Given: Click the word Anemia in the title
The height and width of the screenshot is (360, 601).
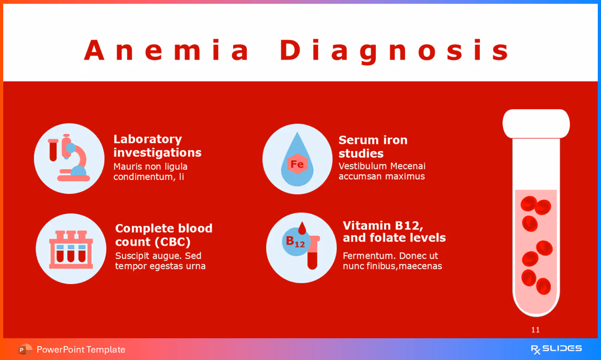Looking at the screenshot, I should tap(167, 50).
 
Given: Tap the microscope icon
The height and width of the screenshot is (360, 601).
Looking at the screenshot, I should tap(69, 158).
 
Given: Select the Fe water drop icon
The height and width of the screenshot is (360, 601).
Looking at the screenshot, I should tap(297, 159).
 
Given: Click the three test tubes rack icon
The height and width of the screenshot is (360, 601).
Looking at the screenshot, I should tap(71, 249).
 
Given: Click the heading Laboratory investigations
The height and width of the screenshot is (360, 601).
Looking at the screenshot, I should tap(157, 146).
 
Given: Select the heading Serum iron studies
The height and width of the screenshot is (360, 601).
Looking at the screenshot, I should tap(373, 146).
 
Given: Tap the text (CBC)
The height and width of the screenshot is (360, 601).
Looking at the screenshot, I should tap(172, 242).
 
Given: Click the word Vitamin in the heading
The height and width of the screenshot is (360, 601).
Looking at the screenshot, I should tap(366, 225).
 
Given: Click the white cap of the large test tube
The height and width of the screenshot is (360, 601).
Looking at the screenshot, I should tap(536, 124).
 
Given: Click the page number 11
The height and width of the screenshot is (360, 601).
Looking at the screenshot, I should tap(535, 330).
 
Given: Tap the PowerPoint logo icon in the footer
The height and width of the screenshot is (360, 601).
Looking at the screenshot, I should tap(25, 350).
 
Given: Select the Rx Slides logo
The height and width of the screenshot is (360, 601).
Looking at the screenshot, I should tap(556, 349).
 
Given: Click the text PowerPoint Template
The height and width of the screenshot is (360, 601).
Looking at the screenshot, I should tap(81, 350).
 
